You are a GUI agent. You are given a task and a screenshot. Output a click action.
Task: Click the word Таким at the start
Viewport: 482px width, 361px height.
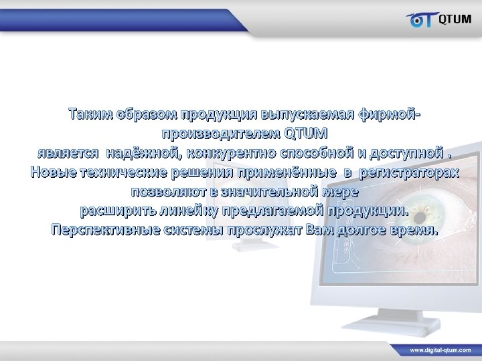tap(90, 114)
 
